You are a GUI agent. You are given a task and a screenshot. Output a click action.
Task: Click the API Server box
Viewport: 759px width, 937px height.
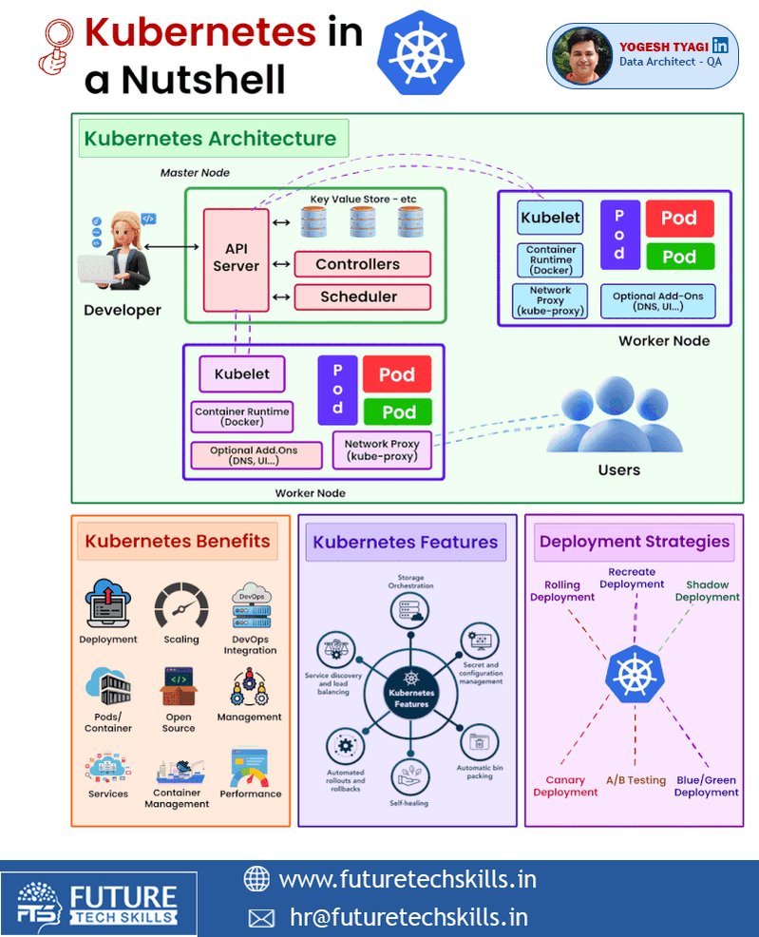click(236, 260)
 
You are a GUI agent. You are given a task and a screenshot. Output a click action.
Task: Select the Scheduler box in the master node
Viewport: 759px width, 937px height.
click(363, 297)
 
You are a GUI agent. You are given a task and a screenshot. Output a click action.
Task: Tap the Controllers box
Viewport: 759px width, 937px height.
click(363, 264)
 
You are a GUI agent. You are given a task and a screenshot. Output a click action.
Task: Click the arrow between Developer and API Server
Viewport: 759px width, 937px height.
click(171, 246)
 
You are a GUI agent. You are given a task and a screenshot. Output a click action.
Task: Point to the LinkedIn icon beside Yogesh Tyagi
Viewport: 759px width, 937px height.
click(720, 46)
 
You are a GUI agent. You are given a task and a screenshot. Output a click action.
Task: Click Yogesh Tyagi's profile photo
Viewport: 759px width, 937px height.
click(581, 55)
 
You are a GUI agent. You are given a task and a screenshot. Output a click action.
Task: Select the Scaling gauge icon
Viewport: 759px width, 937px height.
click(181, 606)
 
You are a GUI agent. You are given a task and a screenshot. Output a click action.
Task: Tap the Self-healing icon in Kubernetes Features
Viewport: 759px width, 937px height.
click(409, 776)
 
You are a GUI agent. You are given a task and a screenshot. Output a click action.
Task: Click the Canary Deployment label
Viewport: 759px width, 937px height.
click(565, 786)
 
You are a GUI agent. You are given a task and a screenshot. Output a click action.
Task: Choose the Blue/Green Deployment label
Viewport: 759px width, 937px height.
click(707, 786)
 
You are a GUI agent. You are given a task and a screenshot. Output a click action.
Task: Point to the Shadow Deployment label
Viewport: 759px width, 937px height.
click(708, 590)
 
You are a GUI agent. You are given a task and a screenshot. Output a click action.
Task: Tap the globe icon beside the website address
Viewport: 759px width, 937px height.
click(256, 878)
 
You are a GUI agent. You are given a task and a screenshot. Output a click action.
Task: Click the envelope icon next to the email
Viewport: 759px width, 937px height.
click(261, 918)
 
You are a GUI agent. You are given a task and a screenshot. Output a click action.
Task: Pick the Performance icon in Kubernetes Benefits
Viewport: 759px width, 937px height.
click(250, 767)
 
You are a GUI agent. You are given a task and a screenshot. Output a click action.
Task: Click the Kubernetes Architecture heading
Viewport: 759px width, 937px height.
click(210, 139)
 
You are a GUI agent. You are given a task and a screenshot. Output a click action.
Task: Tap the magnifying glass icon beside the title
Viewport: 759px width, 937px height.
click(57, 47)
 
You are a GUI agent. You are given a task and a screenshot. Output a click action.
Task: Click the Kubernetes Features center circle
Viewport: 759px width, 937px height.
click(411, 693)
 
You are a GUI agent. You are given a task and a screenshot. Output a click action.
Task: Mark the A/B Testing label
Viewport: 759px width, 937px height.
click(636, 780)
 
